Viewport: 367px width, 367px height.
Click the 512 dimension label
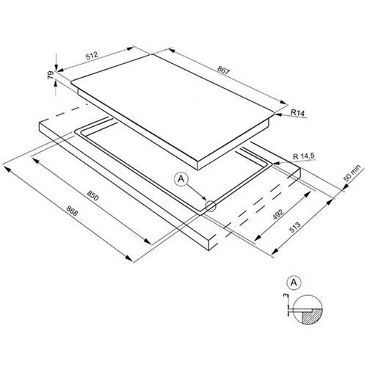(92, 56)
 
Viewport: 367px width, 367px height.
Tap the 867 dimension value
(224, 70)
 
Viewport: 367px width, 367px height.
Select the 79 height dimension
(51, 75)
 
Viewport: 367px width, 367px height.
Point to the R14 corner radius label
(297, 113)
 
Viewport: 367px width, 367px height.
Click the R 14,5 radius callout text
(304, 156)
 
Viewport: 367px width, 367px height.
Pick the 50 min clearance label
(352, 173)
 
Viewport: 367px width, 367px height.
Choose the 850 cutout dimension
(92, 195)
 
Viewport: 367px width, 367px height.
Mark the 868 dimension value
(72, 211)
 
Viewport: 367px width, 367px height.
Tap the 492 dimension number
(278, 214)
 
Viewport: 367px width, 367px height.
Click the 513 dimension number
(295, 228)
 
